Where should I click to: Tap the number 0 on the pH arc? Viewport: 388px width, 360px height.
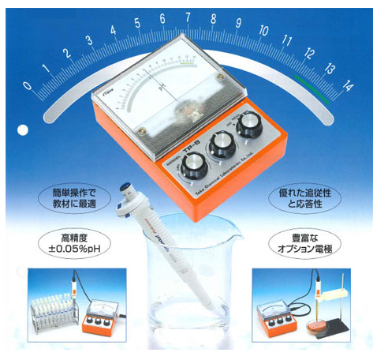pos(28,85)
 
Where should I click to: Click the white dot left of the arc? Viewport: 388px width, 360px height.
pos(24,128)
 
